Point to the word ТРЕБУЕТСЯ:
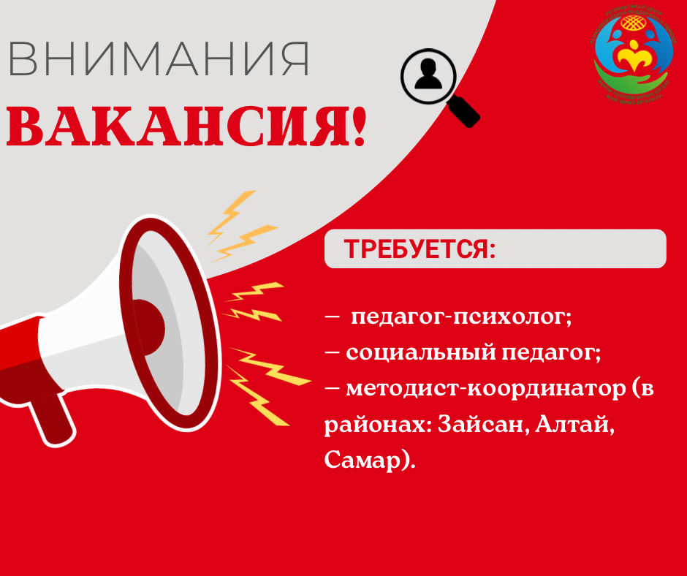[420, 249]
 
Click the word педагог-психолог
[460, 318]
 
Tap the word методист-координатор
[478, 388]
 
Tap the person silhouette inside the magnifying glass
[428, 76]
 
